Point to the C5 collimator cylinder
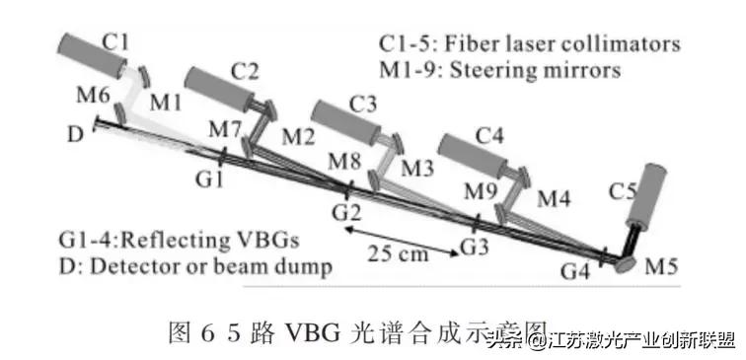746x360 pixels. coord(652,197)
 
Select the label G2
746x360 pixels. coord(344,211)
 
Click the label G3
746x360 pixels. coord(475,243)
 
